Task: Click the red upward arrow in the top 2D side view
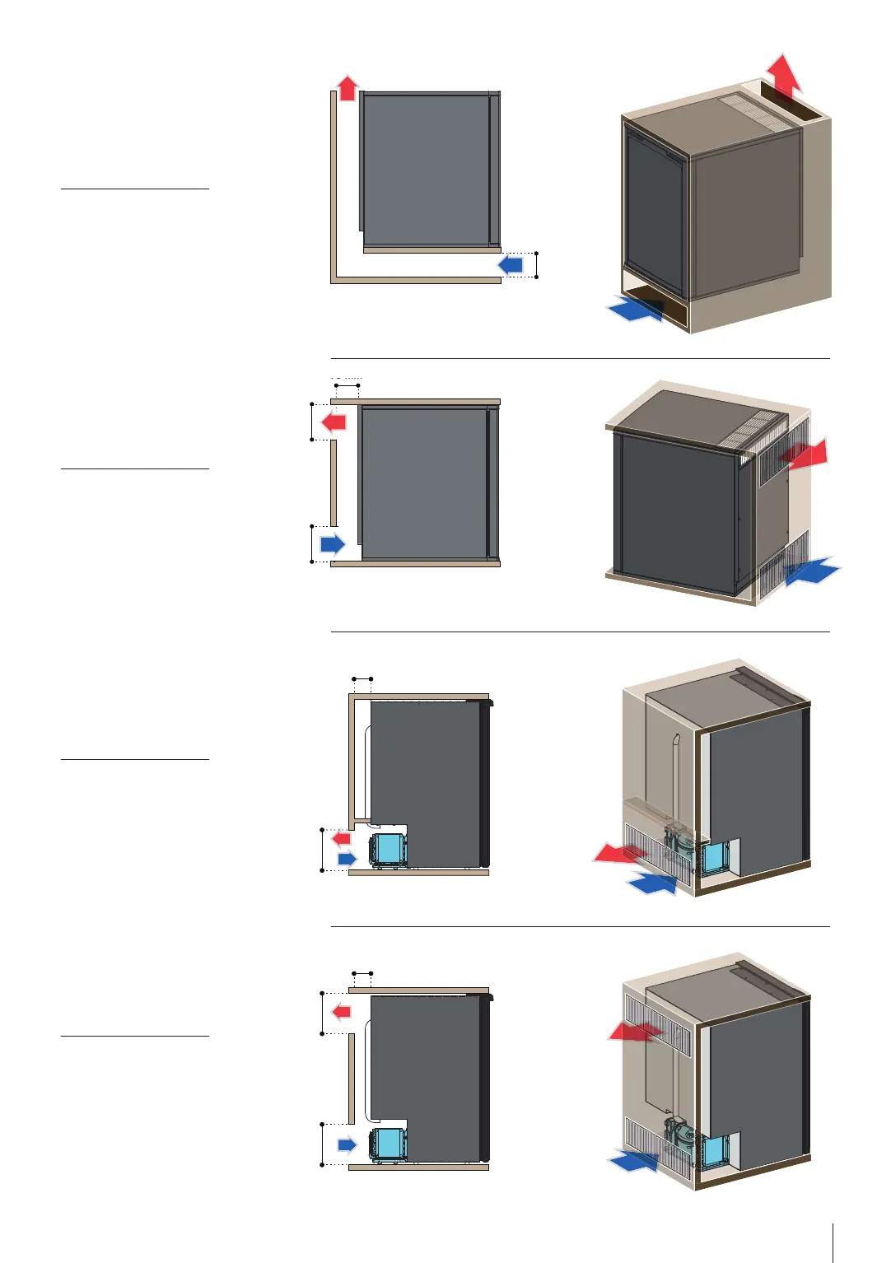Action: point(348,87)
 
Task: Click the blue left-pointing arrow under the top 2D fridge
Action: point(511,264)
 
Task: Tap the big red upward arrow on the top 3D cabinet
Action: point(783,76)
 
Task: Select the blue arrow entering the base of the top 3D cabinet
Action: point(635,310)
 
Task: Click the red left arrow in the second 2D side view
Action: point(334,422)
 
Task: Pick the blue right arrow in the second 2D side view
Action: point(333,543)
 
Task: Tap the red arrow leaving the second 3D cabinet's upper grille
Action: point(806,454)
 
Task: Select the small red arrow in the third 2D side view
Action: point(341,838)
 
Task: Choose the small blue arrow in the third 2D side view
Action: point(347,859)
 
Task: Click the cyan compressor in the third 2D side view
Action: point(388,849)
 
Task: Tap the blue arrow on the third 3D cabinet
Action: point(652,883)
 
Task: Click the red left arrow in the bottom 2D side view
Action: point(341,1011)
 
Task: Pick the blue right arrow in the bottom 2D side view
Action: point(347,1144)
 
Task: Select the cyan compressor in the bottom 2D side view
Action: point(388,1144)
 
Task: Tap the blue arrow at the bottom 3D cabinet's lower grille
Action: point(634,1161)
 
